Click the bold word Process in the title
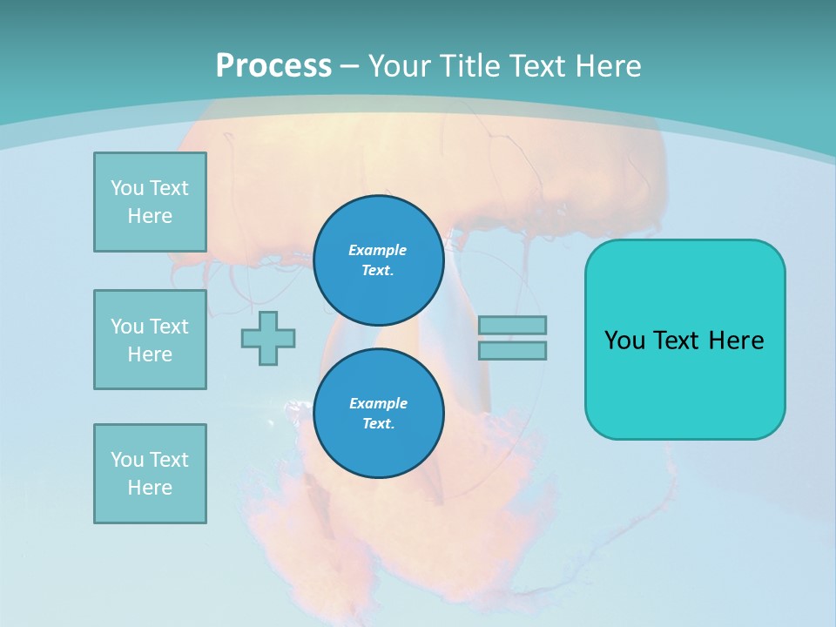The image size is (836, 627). coord(273,65)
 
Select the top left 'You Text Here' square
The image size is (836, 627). coord(150,202)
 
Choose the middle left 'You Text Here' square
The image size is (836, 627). coord(150,340)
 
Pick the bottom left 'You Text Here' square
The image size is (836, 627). coord(150,474)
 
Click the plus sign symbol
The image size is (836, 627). coord(268,338)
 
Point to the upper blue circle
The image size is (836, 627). coord(378,260)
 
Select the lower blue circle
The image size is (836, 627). coord(378,414)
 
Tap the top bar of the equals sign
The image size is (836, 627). coord(512,325)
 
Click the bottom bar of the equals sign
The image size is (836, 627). coord(512,350)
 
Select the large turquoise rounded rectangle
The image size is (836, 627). coord(684,339)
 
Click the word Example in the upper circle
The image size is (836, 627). coord(378,250)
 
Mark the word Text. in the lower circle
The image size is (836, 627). coord(378,423)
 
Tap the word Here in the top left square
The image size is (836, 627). coord(150,216)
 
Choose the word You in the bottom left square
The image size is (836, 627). coord(127,460)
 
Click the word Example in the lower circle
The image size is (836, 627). coord(378,403)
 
